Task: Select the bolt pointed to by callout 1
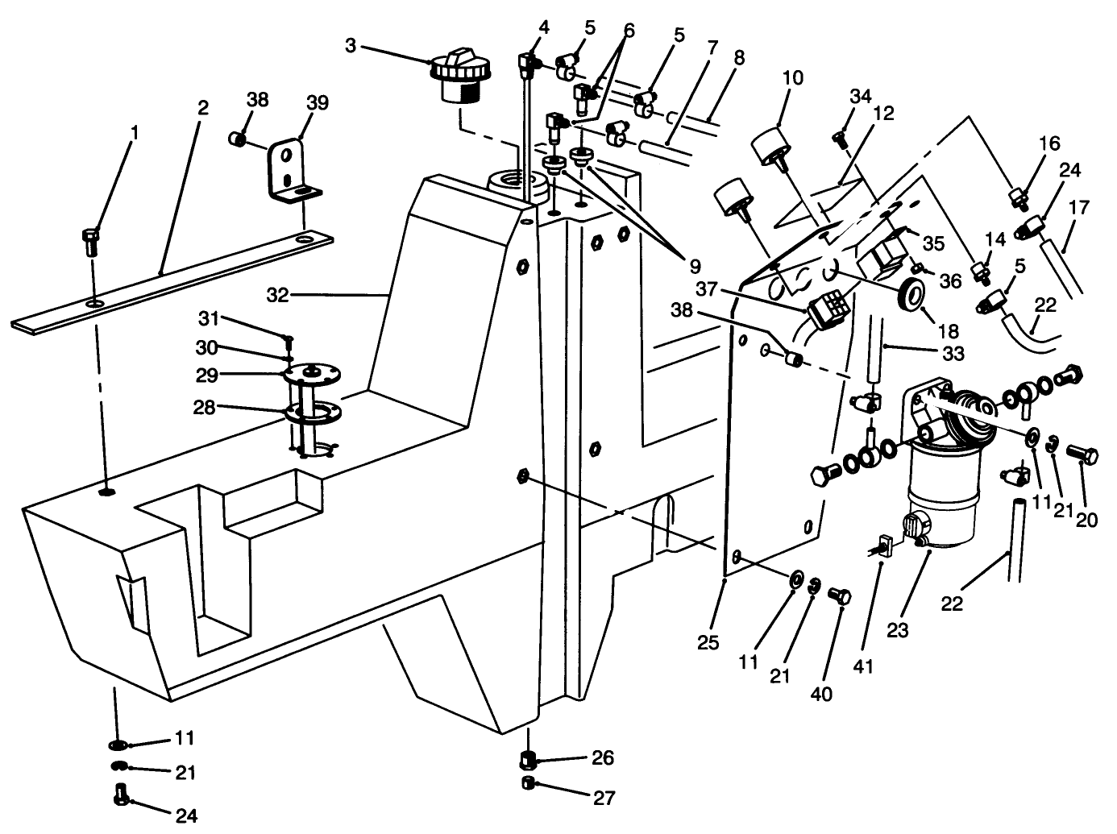click(90, 239)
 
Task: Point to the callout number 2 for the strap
click(202, 108)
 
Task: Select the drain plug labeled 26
click(529, 759)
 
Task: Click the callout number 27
click(604, 799)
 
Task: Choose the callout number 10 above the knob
click(793, 78)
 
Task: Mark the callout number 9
click(694, 266)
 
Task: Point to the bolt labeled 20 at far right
click(1081, 455)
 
